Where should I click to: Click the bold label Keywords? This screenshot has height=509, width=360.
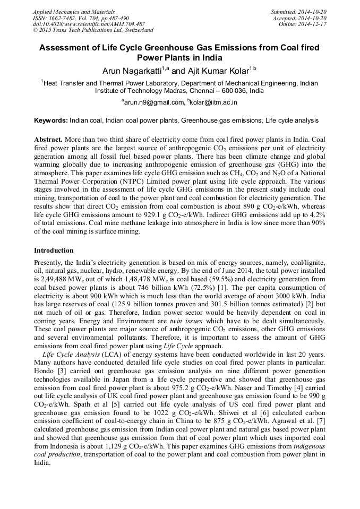[51, 121]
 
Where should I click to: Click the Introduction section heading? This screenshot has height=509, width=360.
[54, 250]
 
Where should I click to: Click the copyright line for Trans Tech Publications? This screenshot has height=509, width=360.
[93, 30]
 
